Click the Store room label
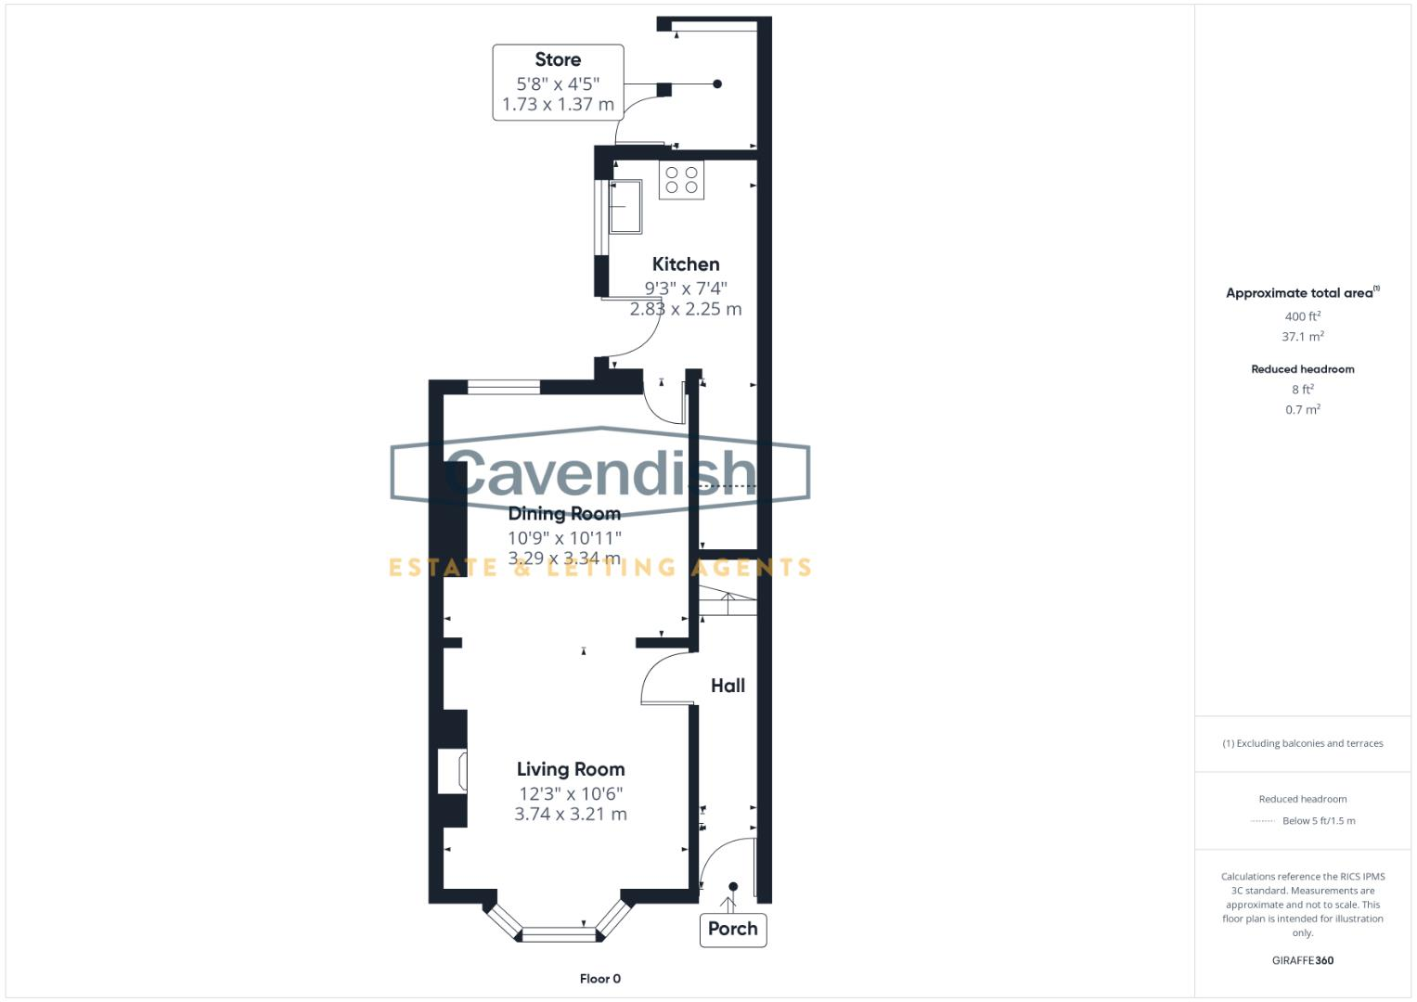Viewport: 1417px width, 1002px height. coord(558,60)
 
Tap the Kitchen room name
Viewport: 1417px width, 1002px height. coord(685,264)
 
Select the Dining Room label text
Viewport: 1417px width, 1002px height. coord(564,514)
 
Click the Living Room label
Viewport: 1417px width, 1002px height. coord(570,769)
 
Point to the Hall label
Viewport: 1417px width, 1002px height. coord(728,686)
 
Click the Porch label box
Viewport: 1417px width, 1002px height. coord(732,929)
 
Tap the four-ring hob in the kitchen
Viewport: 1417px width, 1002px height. coord(681,180)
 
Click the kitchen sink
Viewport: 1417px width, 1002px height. coord(625,206)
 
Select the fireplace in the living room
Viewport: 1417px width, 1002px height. coord(453,771)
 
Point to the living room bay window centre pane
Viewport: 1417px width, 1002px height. coord(560,933)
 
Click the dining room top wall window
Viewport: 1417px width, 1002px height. coord(503,388)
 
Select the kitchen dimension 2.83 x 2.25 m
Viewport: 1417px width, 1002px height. coord(685,309)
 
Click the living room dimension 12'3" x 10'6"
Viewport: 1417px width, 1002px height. coord(570,794)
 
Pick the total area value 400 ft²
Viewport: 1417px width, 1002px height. coord(1302,316)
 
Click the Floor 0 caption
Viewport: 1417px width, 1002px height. coord(599,979)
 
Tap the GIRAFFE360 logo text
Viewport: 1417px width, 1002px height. coord(1302,960)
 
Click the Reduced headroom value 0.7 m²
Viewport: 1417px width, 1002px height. coord(1302,409)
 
